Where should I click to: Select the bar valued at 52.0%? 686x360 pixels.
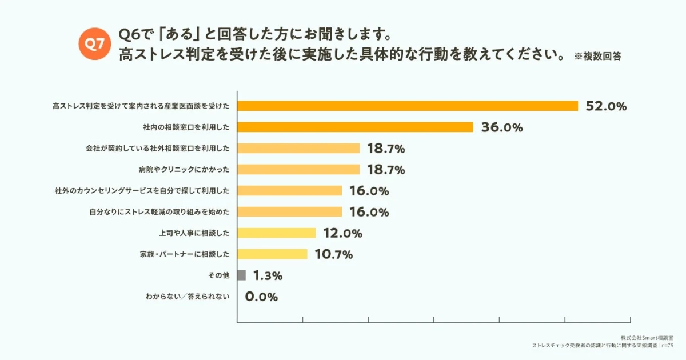[408, 106]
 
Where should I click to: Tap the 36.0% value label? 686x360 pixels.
[502, 127]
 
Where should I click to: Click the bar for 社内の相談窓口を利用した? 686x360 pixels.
[355, 127]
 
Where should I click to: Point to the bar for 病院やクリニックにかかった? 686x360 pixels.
[298, 169]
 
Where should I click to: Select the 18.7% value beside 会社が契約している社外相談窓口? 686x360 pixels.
[386, 149]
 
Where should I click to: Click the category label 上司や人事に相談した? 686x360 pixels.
[194, 233]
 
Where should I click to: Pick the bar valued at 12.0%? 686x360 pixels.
[276, 233]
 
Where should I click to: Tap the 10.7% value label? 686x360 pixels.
[333, 255]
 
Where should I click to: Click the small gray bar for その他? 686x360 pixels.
[241, 275]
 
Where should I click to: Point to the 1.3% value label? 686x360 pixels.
[268, 276]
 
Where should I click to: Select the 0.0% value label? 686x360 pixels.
[261, 297]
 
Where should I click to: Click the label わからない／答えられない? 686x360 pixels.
[188, 297]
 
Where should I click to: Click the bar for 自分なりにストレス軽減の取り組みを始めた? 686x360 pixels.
[289, 211]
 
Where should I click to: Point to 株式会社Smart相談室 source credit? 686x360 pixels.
[650, 338]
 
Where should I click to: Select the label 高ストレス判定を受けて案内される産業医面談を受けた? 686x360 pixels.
[141, 106]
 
